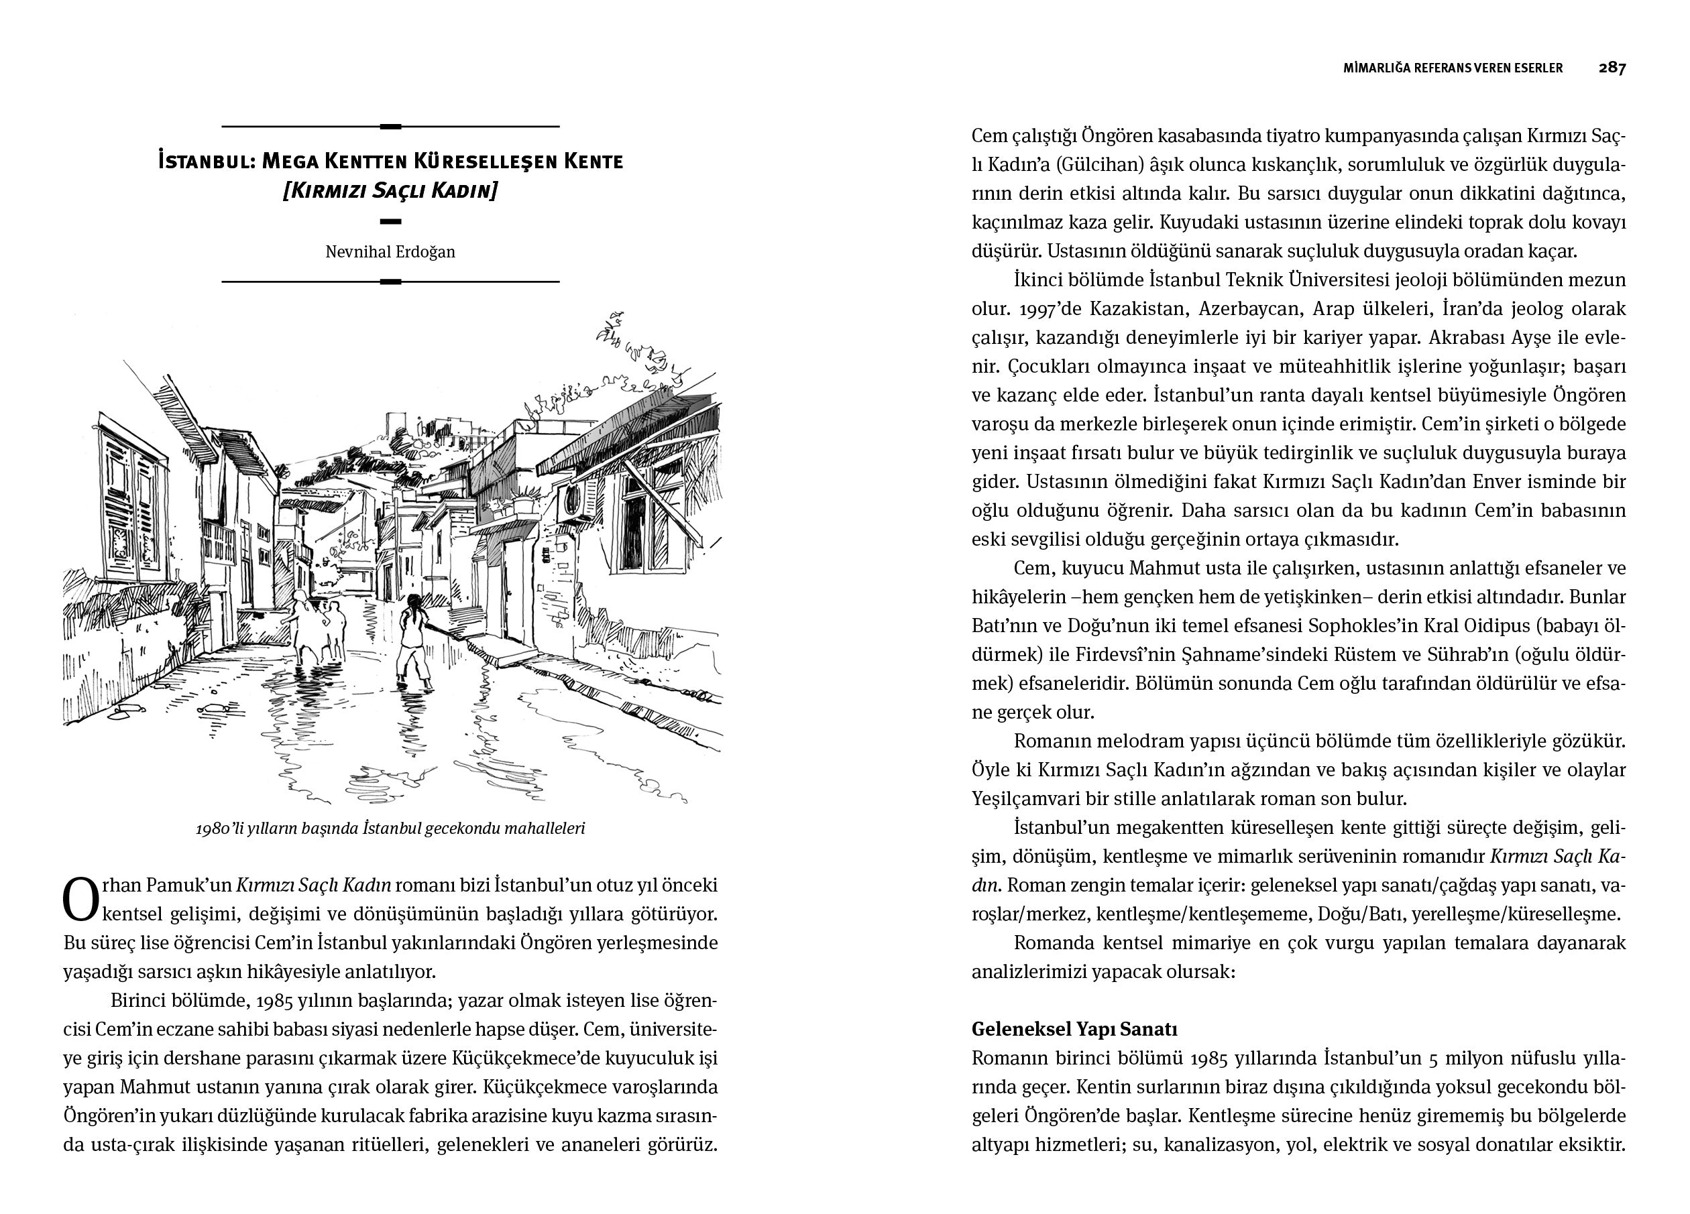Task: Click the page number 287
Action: point(1612,68)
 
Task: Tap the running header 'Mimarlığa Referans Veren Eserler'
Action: point(1453,68)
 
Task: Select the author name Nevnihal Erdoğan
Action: point(390,252)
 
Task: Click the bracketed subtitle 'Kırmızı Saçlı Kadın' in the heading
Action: point(390,190)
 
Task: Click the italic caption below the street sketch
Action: point(390,828)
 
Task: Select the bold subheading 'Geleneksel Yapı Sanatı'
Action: point(1074,1029)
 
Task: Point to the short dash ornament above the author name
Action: point(390,221)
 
